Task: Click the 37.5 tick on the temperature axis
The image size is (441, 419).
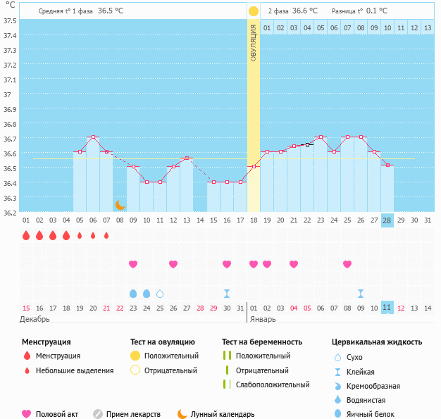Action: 10,20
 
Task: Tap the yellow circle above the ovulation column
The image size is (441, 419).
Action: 253,11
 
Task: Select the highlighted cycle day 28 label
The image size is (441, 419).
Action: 387,220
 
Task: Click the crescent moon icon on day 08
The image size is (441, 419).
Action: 120,204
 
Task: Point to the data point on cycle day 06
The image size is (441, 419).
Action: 93,137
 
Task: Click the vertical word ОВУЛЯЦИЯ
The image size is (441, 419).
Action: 253,42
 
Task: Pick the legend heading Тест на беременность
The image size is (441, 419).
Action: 261,342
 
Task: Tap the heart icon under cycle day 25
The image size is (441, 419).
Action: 347,264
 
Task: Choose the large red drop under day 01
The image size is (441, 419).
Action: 26,235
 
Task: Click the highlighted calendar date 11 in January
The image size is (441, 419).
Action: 387,308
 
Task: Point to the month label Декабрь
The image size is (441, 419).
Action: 35,319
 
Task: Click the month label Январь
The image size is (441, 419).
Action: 262,319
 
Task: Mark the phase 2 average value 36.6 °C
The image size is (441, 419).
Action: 304,11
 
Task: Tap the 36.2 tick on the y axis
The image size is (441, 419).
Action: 10,213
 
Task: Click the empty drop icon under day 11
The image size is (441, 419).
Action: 160,293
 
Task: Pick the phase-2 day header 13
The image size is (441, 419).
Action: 427,27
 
